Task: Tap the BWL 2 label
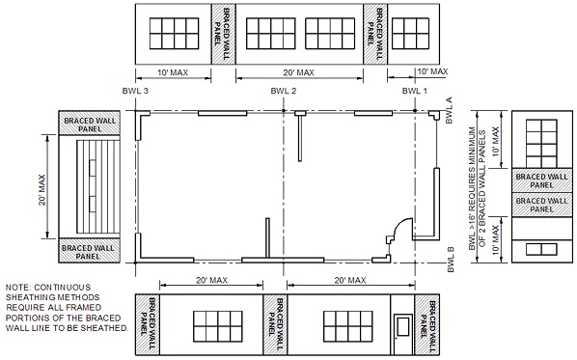click(283, 91)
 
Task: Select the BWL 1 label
click(415, 91)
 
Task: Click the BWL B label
click(450, 260)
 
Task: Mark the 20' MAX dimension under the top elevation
click(298, 72)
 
